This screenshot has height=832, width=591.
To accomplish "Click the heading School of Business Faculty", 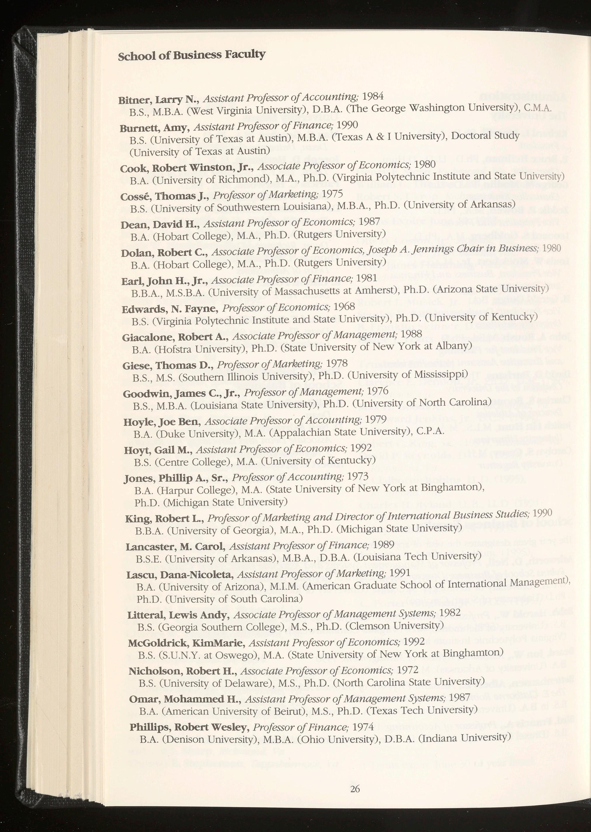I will point(192,55).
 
